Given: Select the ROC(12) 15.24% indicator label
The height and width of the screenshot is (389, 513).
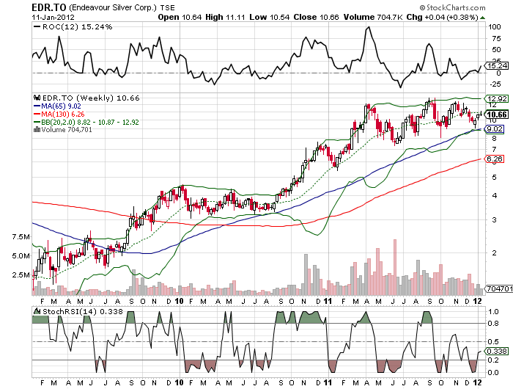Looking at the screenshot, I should pos(67,27).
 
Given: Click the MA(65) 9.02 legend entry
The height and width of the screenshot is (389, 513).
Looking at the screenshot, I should pos(63,106).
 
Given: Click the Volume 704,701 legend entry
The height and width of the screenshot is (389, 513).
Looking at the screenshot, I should pos(73,130).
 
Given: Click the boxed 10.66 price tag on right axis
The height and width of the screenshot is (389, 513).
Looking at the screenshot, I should pos(498,114).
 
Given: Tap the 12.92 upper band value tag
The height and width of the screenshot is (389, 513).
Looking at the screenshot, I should pos(497,98).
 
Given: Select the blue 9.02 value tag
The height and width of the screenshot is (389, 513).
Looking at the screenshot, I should pos(495,129).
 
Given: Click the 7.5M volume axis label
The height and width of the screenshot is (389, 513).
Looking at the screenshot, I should pos(21,238).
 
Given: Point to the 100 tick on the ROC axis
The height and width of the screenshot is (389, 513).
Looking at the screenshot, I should pos(495,26).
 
